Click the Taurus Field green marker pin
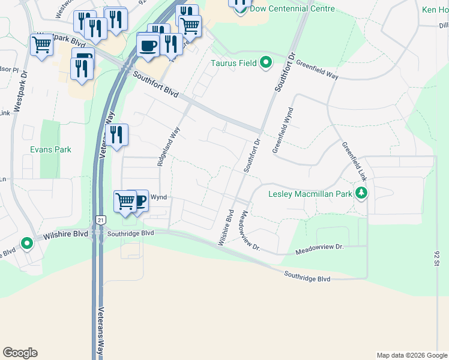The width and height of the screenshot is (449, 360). coord(265,62)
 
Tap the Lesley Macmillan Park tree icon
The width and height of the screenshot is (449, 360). coord(361,193)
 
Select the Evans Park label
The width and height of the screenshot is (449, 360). coord(51,149)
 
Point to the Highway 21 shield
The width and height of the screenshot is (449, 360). coord(100,221)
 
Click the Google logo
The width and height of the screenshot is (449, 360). coord(20,353)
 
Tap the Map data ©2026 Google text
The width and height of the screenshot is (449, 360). coord(411,355)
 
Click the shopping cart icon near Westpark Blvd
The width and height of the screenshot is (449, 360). coord(41,44)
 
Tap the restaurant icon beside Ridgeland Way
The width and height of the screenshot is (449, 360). coord(116,134)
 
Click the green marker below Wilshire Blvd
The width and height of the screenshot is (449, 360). coord(26,244)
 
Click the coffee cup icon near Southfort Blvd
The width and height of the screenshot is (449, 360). coord(148,45)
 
